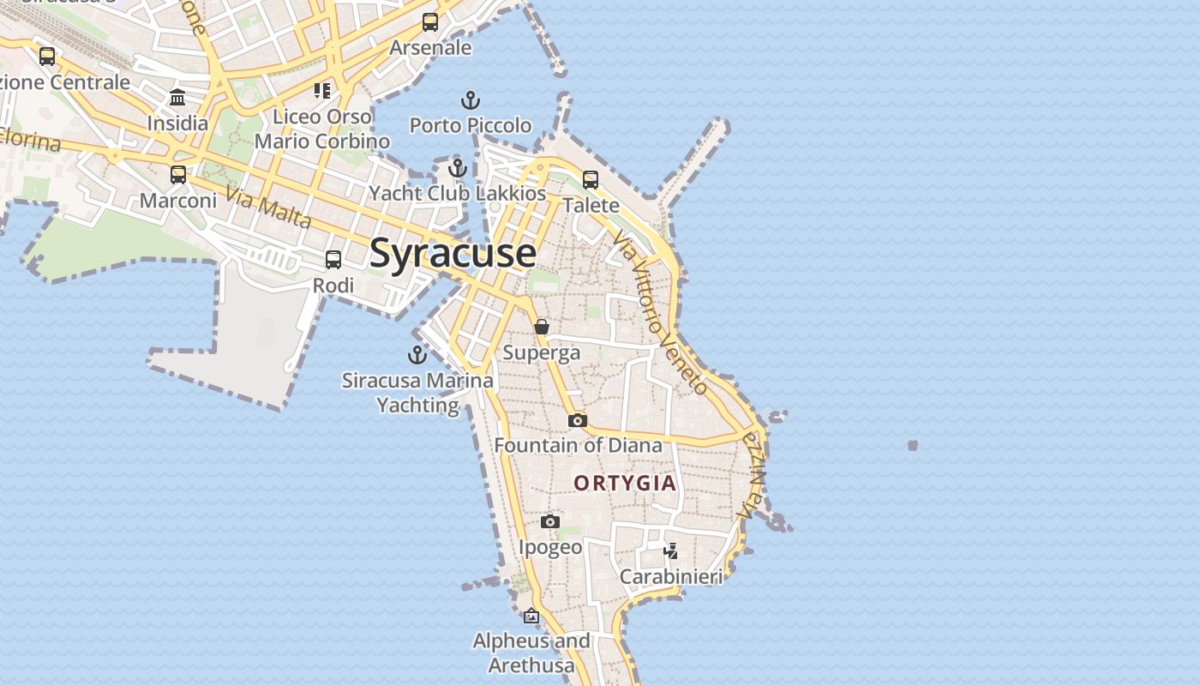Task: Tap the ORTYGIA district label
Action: (x=625, y=484)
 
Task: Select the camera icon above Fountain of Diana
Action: (x=578, y=420)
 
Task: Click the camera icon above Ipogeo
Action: (x=550, y=521)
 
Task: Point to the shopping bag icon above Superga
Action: (x=542, y=327)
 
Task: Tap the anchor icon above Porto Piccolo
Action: (x=470, y=100)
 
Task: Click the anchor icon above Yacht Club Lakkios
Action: (x=458, y=167)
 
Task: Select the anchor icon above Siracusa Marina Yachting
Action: (x=417, y=354)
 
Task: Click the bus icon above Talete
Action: (x=591, y=179)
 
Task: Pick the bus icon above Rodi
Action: (x=333, y=259)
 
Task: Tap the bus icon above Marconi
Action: (x=178, y=175)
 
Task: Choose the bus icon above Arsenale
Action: (x=430, y=22)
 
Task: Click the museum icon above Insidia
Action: (x=177, y=97)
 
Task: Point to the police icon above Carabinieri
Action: (x=671, y=551)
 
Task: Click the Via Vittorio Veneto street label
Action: (x=661, y=313)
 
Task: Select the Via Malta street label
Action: (x=268, y=208)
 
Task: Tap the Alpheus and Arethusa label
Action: (x=531, y=653)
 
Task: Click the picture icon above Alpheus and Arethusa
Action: (x=531, y=616)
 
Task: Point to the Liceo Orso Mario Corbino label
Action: (x=322, y=129)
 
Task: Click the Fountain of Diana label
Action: (x=578, y=445)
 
